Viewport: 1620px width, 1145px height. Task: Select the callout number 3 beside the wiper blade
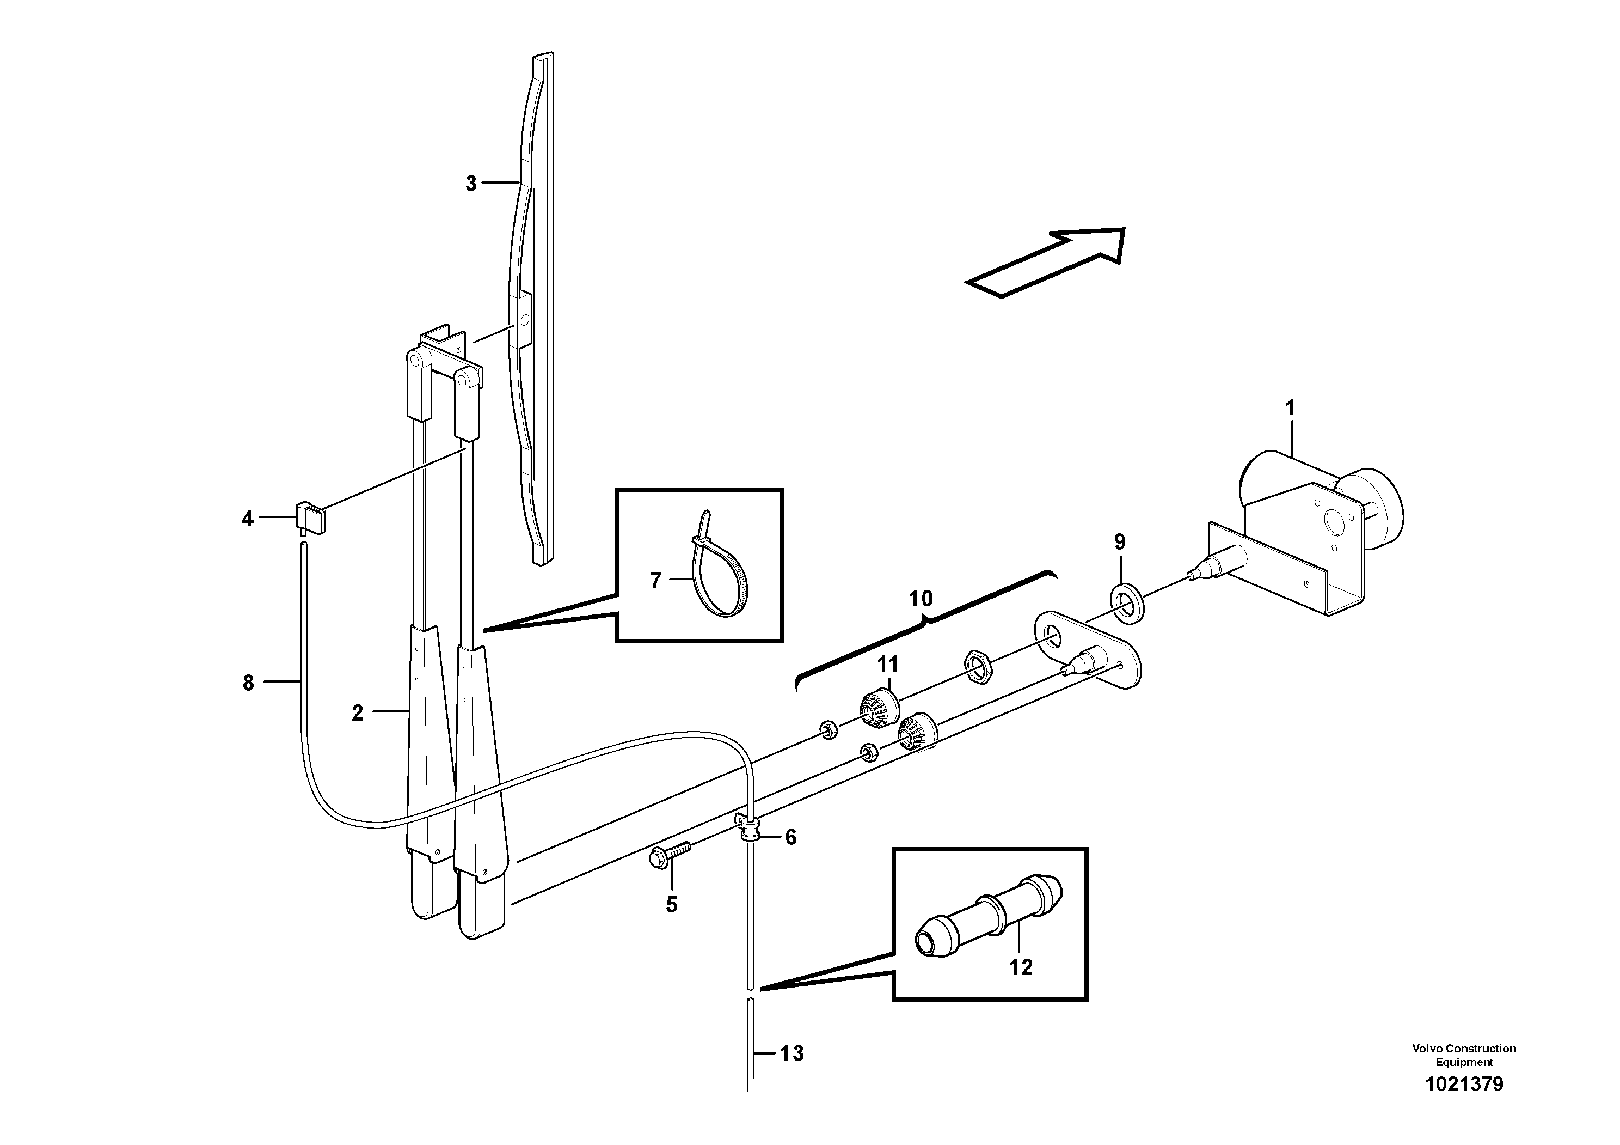pyautogui.click(x=471, y=184)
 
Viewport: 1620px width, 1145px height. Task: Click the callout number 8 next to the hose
pyautogui.click(x=248, y=683)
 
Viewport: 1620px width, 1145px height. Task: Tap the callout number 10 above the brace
pyautogui.click(x=921, y=599)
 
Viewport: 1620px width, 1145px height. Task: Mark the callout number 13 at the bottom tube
pyautogui.click(x=791, y=1054)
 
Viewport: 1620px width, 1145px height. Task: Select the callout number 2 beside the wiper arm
pyautogui.click(x=358, y=713)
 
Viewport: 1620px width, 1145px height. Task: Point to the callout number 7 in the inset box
pyautogui.click(x=655, y=581)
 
